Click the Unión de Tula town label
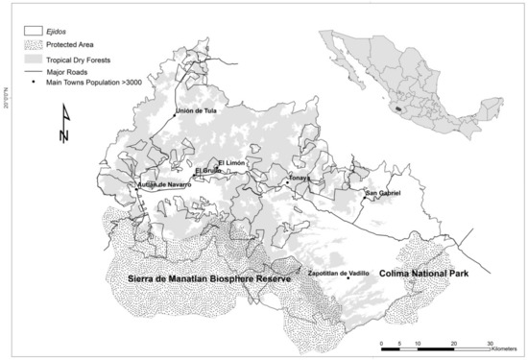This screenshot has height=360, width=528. click(199, 110)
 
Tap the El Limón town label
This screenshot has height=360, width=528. click(233, 163)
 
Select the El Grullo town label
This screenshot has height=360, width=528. click(208, 171)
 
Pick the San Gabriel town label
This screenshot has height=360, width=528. click(381, 194)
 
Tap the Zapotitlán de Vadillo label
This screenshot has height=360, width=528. click(338, 273)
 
